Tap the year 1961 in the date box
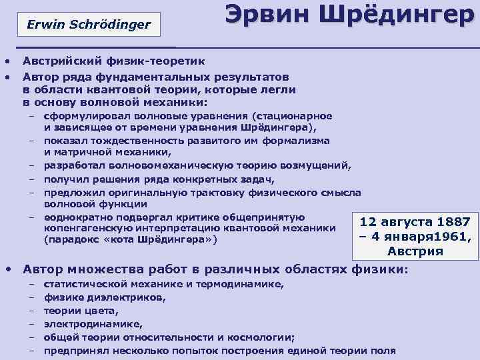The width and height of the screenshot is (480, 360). point(448,237)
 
